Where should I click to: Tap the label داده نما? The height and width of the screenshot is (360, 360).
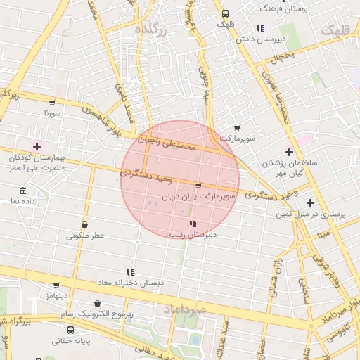point(23,201)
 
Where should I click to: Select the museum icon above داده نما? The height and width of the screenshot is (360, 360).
point(23,191)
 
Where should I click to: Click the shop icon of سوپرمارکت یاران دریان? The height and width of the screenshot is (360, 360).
point(198,186)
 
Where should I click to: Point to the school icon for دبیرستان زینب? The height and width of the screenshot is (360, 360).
point(193,224)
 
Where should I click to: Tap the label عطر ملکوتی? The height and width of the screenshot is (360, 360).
point(84,236)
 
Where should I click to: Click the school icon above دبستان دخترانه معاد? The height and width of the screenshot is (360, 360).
point(129,271)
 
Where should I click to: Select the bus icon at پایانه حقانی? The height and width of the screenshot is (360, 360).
point(70,330)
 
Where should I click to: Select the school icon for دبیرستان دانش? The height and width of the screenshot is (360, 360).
point(259,29)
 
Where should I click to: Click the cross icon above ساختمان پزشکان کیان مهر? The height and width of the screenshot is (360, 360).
point(289,152)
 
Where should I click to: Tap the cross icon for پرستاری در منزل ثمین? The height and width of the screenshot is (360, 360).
point(309,202)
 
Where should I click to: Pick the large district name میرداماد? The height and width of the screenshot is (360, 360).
point(184,309)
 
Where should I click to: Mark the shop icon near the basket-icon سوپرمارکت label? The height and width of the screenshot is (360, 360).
point(236,128)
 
